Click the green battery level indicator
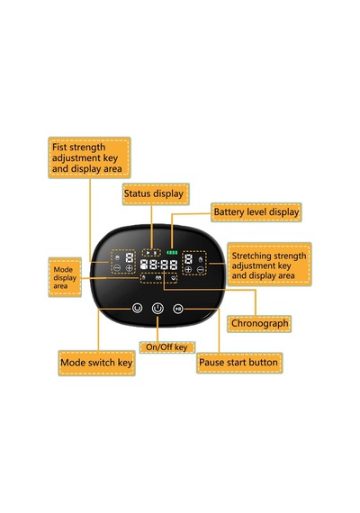pos(172,253)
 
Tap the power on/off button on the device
pos(157,308)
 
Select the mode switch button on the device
pos(137,308)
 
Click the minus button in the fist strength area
pos(117,268)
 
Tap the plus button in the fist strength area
pos(129,268)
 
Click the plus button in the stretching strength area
pos(188,270)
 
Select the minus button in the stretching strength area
pos(201,270)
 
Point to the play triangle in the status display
pos(148,253)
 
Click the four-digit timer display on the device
pos(158,265)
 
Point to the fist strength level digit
pos(130,257)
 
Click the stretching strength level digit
pos(188,259)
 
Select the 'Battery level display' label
pos(256,212)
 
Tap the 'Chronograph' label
pos(259,324)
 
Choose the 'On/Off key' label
pos(167,347)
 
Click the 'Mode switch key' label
pos(96,363)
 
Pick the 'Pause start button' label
pos(239,363)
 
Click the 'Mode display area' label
pos(65,277)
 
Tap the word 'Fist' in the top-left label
pos(59,148)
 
